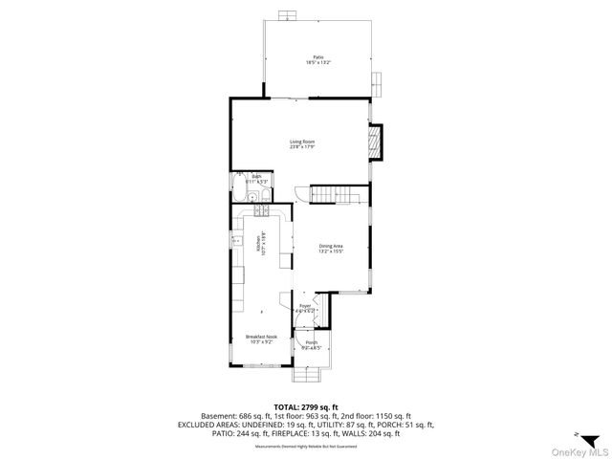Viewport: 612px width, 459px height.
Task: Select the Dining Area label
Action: (331, 248)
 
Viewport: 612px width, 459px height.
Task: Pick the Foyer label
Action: (305, 307)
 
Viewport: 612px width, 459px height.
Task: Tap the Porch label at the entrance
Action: (312, 343)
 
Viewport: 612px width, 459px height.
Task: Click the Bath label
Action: (256, 177)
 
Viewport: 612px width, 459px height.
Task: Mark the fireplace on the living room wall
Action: (375, 142)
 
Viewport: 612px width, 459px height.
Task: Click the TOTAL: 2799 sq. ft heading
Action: (305, 407)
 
